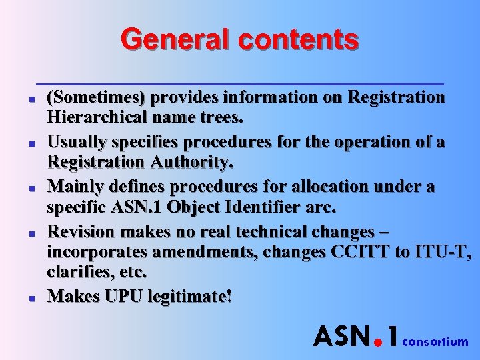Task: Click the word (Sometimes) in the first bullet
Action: pos(96,97)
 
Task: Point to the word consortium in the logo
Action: pos(435,342)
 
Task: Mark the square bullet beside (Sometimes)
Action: pos(32,100)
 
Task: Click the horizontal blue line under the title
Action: pos(240,84)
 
